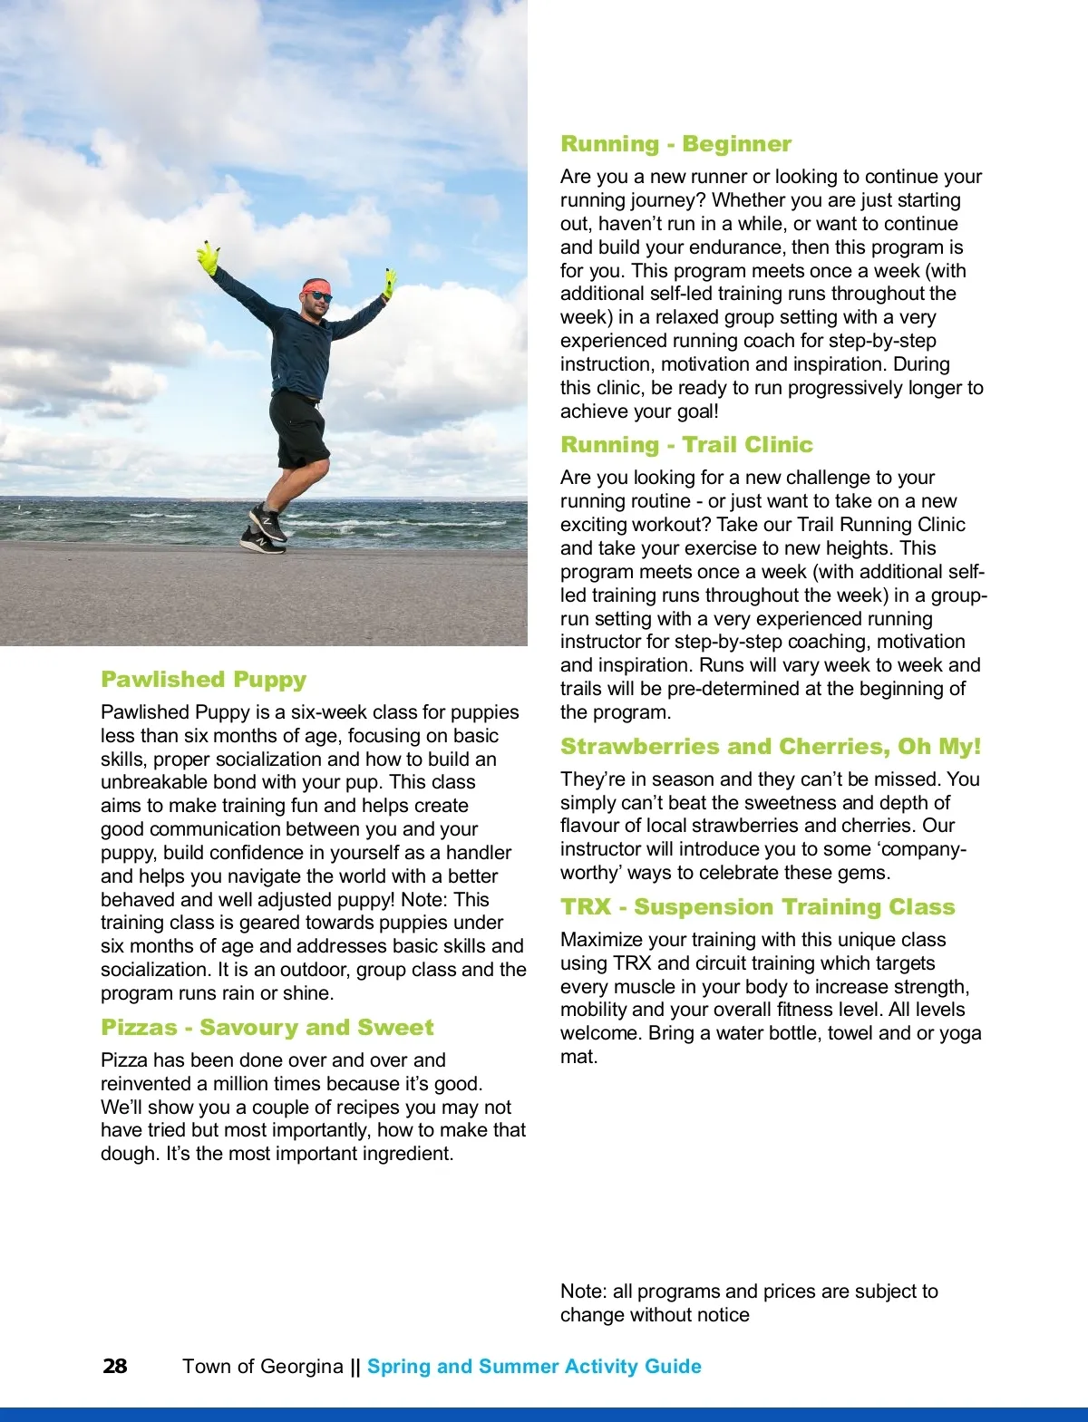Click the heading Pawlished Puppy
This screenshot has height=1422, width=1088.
pos(204,680)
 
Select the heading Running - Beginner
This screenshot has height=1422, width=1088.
pos(675,144)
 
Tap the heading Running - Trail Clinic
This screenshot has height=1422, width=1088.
pos(686,445)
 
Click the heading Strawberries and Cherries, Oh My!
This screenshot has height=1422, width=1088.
pos(771,747)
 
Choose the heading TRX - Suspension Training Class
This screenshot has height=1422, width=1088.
pos(757,907)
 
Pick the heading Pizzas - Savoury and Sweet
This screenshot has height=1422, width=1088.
pos(267,1028)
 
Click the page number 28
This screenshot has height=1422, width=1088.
pos(115,1367)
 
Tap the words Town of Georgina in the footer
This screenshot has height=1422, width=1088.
pos(263,1367)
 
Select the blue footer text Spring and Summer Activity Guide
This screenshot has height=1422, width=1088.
pos(534,1367)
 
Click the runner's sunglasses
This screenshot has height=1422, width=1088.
pos(319,296)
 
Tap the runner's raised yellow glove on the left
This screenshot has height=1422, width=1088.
pos(209,257)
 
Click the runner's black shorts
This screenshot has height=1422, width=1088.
pos(298,428)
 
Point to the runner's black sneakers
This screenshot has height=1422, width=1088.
pos(264,530)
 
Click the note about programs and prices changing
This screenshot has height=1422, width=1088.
pos(749,1303)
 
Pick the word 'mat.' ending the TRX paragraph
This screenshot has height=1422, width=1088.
pos(578,1057)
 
